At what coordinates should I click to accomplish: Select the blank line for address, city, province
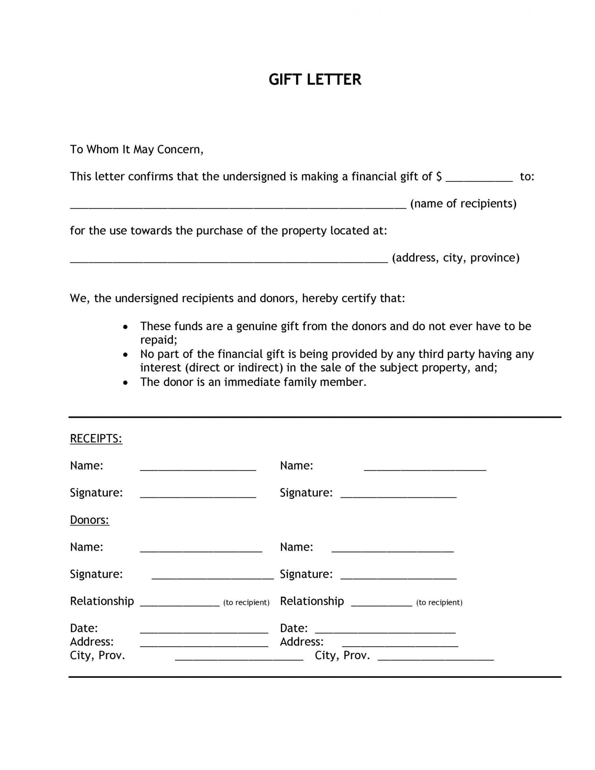pyautogui.click(x=229, y=260)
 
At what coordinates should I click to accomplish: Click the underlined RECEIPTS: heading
pyautogui.click(x=96, y=439)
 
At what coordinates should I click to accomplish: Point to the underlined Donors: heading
pyautogui.click(x=90, y=520)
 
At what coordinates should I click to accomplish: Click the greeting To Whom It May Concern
pyautogui.click(x=137, y=150)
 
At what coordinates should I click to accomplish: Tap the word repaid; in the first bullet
pyautogui.click(x=159, y=340)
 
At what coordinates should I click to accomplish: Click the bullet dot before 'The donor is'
pyautogui.click(x=126, y=383)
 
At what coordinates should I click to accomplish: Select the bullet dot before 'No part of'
pyautogui.click(x=126, y=355)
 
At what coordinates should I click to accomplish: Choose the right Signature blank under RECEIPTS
pyautogui.click(x=398, y=495)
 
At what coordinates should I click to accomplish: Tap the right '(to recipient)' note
pyautogui.click(x=439, y=603)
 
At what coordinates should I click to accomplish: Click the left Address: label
pyautogui.click(x=92, y=642)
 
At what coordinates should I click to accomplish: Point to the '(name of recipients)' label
pyautogui.click(x=463, y=204)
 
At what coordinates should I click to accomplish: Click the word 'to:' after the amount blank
pyautogui.click(x=527, y=177)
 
